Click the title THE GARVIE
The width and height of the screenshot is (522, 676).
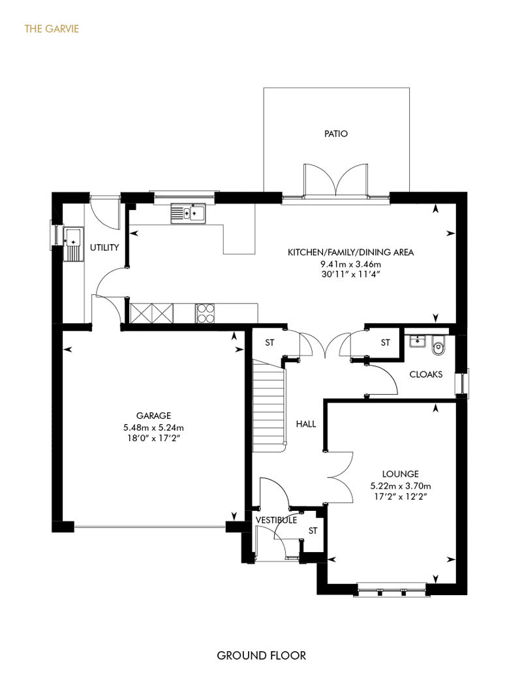52,29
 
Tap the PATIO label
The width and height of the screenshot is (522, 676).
336,134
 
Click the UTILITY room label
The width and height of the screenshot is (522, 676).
104,247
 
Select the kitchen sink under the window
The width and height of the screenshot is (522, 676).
189,213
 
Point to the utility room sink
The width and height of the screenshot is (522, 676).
72,244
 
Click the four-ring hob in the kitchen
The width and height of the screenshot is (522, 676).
205,313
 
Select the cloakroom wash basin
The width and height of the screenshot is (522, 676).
417,341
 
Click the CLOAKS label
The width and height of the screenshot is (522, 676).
426,375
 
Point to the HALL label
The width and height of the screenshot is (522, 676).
306,423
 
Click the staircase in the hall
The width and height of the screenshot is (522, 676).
269,406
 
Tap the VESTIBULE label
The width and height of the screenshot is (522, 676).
276,520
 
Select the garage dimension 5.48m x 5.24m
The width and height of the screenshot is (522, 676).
153,427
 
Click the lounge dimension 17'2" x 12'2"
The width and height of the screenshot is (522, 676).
401,496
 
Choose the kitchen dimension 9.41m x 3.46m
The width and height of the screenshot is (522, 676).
351,264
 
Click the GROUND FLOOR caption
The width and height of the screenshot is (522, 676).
261,656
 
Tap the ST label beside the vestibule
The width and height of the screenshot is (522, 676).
313,530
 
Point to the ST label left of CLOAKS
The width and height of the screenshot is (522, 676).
386,343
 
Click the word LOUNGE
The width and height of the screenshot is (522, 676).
401,474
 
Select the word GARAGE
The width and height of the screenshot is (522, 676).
153,416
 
